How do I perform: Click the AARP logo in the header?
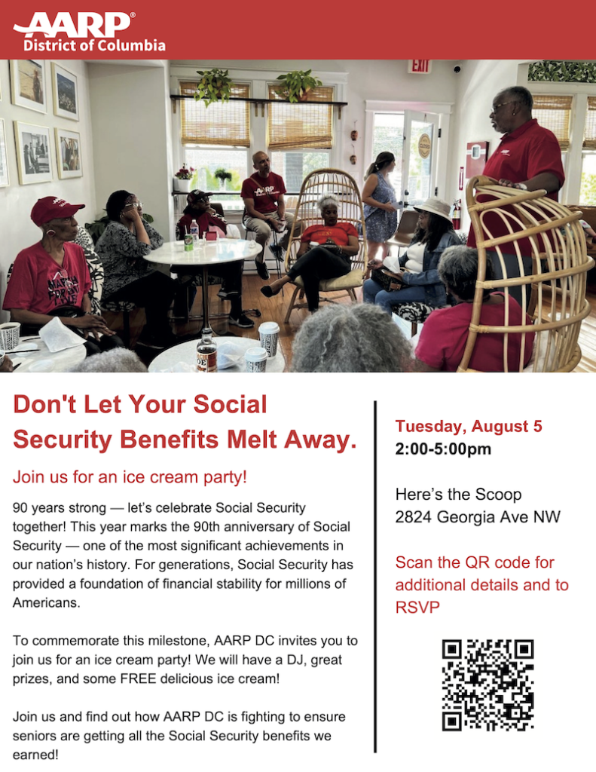(x=74, y=25)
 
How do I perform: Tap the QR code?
(x=487, y=685)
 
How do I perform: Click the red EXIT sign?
(x=420, y=66)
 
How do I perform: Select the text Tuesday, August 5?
(x=469, y=427)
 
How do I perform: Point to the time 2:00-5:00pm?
(x=443, y=449)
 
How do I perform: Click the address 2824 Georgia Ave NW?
(x=478, y=517)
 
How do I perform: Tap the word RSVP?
(x=417, y=607)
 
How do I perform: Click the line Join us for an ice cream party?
(x=130, y=477)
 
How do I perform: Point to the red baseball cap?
(x=56, y=209)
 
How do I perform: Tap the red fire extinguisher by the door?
(x=456, y=215)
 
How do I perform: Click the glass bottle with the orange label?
(x=206, y=351)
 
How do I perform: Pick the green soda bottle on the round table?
(x=188, y=242)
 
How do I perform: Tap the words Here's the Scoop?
(x=458, y=495)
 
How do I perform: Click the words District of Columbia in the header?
(x=94, y=46)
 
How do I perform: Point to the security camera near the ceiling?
(x=457, y=69)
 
